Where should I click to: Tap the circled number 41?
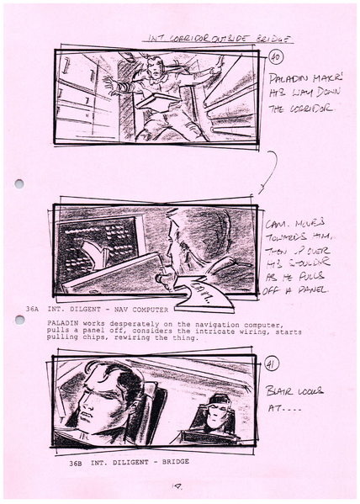tap(273, 363)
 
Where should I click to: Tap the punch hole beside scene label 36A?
tap(19, 320)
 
